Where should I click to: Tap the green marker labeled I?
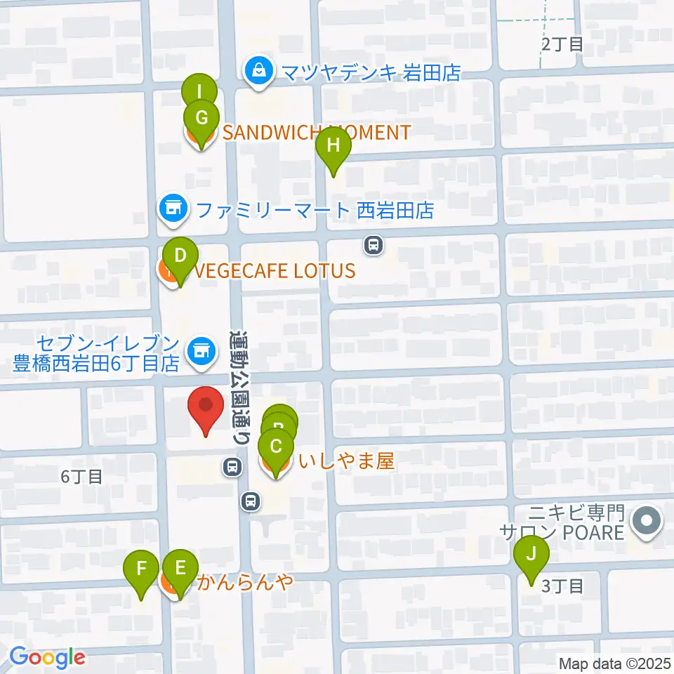(x=199, y=92)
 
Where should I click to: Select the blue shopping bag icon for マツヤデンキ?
(x=259, y=71)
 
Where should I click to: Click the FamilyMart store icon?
(x=173, y=209)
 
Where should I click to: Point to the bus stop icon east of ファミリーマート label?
(x=374, y=244)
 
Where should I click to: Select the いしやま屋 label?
(x=345, y=461)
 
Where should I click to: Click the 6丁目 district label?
(x=81, y=477)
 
